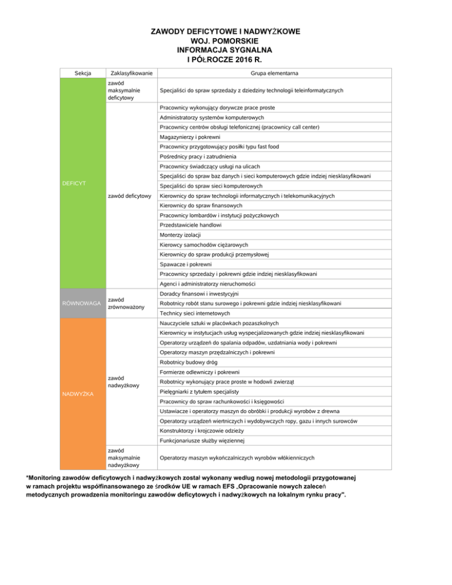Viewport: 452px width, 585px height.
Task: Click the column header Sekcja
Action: coord(82,73)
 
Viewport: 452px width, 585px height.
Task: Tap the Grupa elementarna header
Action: coord(274,73)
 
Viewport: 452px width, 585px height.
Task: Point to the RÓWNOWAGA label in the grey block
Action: coord(82,303)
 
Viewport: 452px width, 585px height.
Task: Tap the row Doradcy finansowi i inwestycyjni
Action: coord(202,294)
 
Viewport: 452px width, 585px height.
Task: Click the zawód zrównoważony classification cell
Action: coord(126,304)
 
